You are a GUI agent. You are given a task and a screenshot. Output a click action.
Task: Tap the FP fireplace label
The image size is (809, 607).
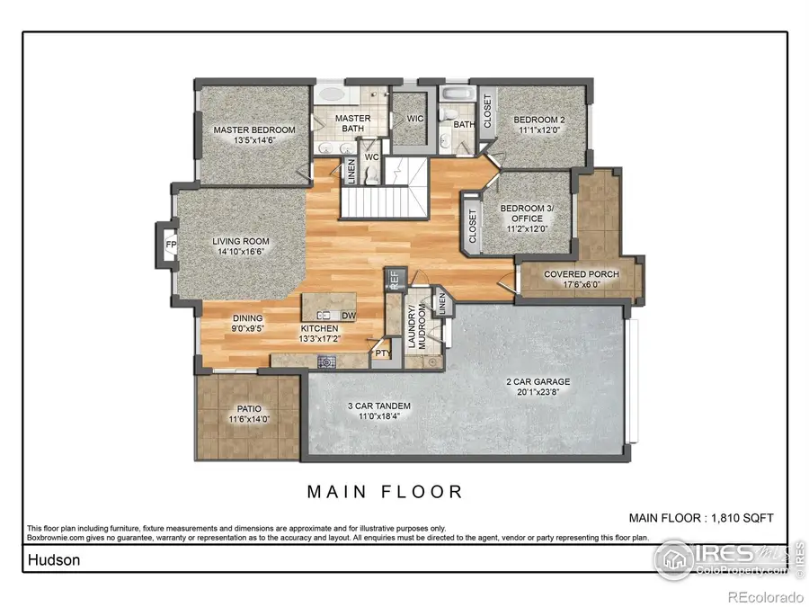pyautogui.click(x=170, y=244)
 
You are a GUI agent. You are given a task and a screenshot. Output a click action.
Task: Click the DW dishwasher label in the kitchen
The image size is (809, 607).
pyautogui.click(x=348, y=316)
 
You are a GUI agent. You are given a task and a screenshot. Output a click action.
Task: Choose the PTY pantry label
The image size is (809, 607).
pyautogui.click(x=382, y=353)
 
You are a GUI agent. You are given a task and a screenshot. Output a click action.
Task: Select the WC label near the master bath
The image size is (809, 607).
pyautogui.click(x=371, y=157)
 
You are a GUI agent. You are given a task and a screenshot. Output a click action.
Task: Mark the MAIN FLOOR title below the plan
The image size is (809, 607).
pyautogui.click(x=385, y=491)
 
